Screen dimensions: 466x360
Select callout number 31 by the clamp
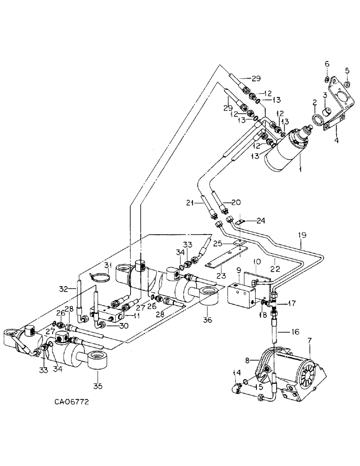[108, 266]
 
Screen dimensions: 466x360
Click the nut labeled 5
[347, 84]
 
